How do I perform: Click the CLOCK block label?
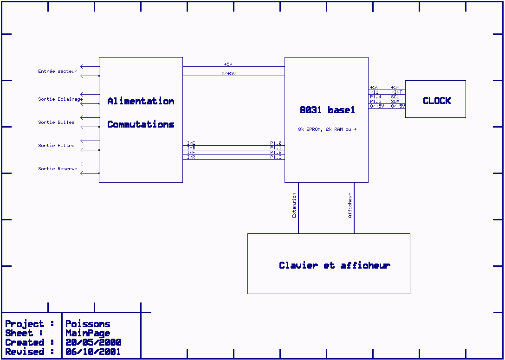click(436, 101)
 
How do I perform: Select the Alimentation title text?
click(141, 101)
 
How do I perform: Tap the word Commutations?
click(141, 124)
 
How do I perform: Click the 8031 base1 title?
click(327, 110)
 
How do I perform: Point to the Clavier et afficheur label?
click(334, 265)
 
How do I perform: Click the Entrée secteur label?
click(58, 71)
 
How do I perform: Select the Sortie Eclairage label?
click(60, 99)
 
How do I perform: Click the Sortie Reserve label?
click(58, 169)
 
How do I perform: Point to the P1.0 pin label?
click(276, 143)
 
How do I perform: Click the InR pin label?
click(191, 157)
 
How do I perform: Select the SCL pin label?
click(395, 97)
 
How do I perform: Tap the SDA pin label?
click(395, 102)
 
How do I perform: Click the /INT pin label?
click(396, 92)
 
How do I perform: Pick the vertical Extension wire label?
click(294, 206)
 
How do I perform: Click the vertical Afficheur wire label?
click(350, 206)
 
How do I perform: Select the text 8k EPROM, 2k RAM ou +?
click(327, 129)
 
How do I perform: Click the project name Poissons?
click(88, 324)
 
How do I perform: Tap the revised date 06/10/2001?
click(93, 352)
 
